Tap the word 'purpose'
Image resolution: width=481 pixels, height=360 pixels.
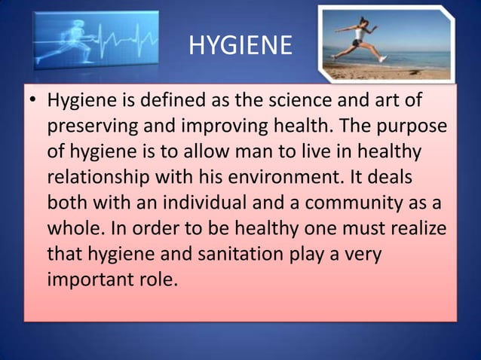point(411,127)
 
